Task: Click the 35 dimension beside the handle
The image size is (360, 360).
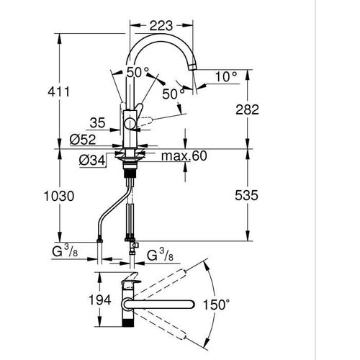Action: click(x=100, y=123)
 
